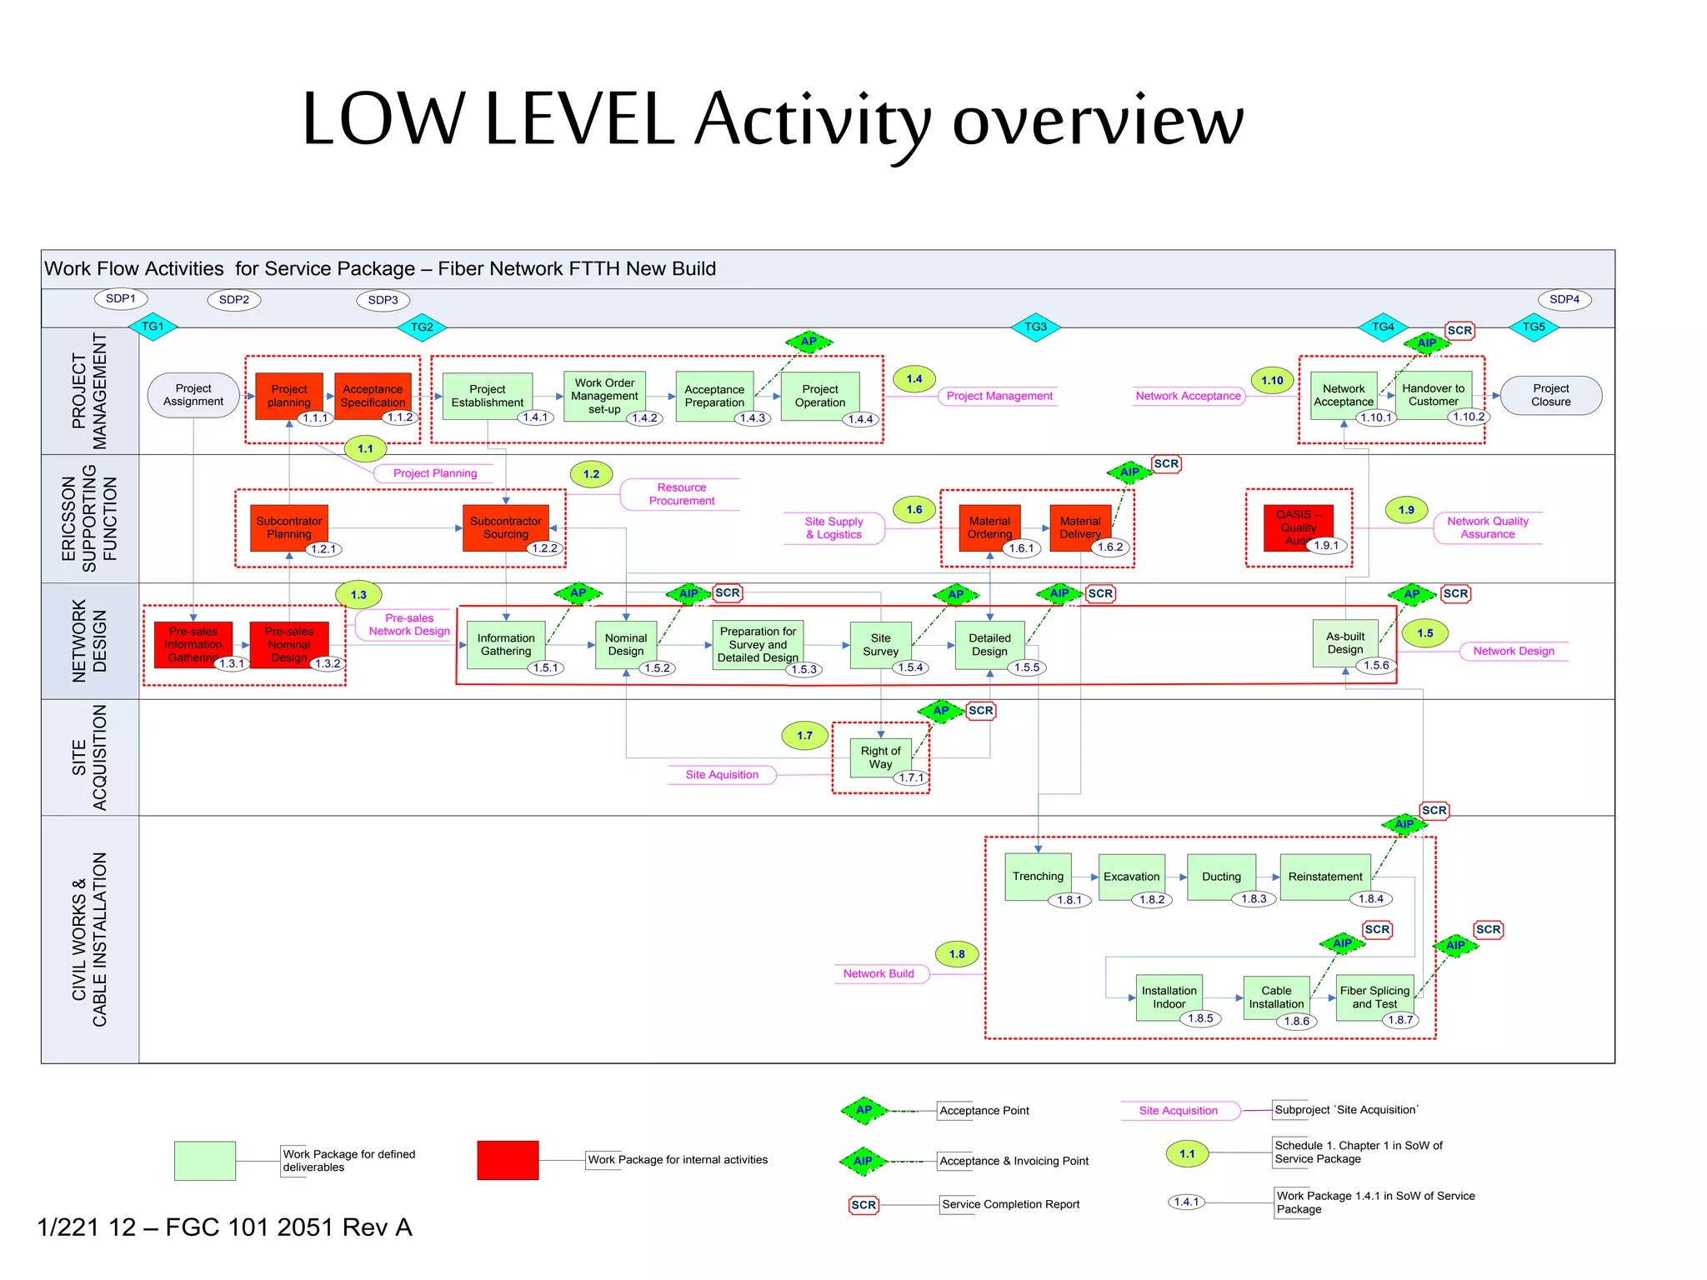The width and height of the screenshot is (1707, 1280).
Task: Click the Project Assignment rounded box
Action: (x=193, y=395)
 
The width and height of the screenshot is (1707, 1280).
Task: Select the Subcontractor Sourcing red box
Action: (x=505, y=527)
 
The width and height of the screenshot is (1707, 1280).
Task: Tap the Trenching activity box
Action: (x=1038, y=876)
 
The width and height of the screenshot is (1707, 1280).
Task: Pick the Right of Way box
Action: (x=880, y=757)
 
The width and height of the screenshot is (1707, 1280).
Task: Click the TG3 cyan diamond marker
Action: (x=1035, y=327)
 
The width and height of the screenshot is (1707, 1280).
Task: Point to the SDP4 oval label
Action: (x=1564, y=299)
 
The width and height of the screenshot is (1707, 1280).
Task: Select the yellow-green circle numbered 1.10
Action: (x=1272, y=381)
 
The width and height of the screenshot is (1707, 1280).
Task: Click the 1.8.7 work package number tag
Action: (x=1400, y=1020)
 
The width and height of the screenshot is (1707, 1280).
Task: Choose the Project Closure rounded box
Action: (x=1550, y=395)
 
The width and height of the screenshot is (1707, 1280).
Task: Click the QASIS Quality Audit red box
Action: (x=1298, y=527)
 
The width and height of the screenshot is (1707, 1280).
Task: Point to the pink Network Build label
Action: (x=879, y=973)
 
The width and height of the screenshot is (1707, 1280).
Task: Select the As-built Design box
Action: (x=1344, y=642)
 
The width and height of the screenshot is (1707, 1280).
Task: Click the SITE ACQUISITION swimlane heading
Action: (x=89, y=757)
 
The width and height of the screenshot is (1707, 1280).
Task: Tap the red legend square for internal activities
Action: (x=508, y=1160)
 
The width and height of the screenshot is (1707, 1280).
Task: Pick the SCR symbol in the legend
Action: (x=864, y=1205)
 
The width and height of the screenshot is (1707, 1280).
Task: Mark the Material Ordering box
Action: (x=989, y=527)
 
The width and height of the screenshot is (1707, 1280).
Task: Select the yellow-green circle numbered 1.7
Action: (x=804, y=736)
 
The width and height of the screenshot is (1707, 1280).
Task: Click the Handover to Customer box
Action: (x=1433, y=394)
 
